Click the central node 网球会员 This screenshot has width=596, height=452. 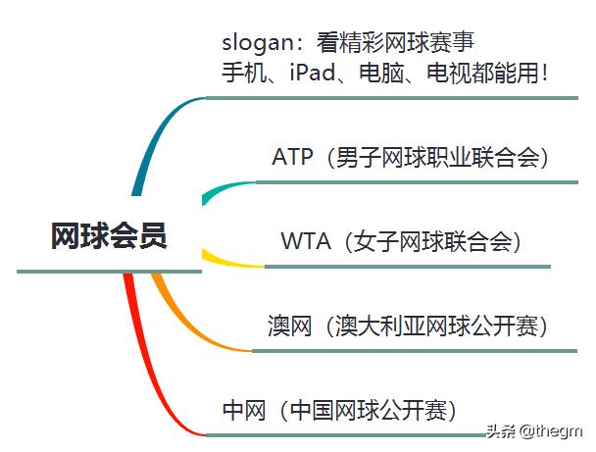[109, 236]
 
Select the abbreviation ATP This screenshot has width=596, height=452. [293, 157]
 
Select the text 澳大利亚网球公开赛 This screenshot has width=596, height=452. [442, 326]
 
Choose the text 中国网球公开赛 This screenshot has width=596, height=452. [370, 409]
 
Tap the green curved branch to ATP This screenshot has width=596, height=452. [221, 188]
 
